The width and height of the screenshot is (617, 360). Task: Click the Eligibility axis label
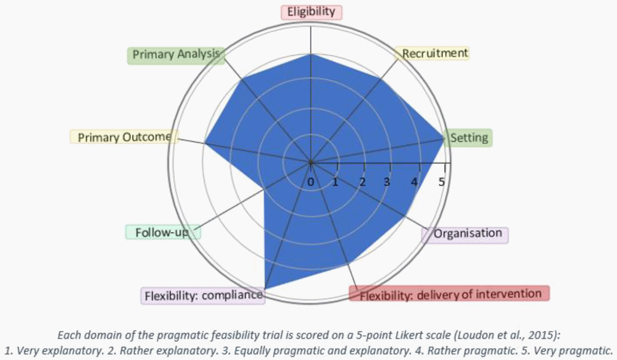311,12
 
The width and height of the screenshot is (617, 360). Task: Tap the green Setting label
469,137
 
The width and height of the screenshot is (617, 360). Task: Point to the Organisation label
467,233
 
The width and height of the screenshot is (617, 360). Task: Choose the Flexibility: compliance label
204,296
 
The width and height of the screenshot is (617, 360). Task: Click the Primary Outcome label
123,137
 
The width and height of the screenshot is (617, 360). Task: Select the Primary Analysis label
176,54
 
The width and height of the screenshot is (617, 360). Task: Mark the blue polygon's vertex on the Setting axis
444,138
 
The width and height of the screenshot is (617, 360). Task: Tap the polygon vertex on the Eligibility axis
311,54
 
